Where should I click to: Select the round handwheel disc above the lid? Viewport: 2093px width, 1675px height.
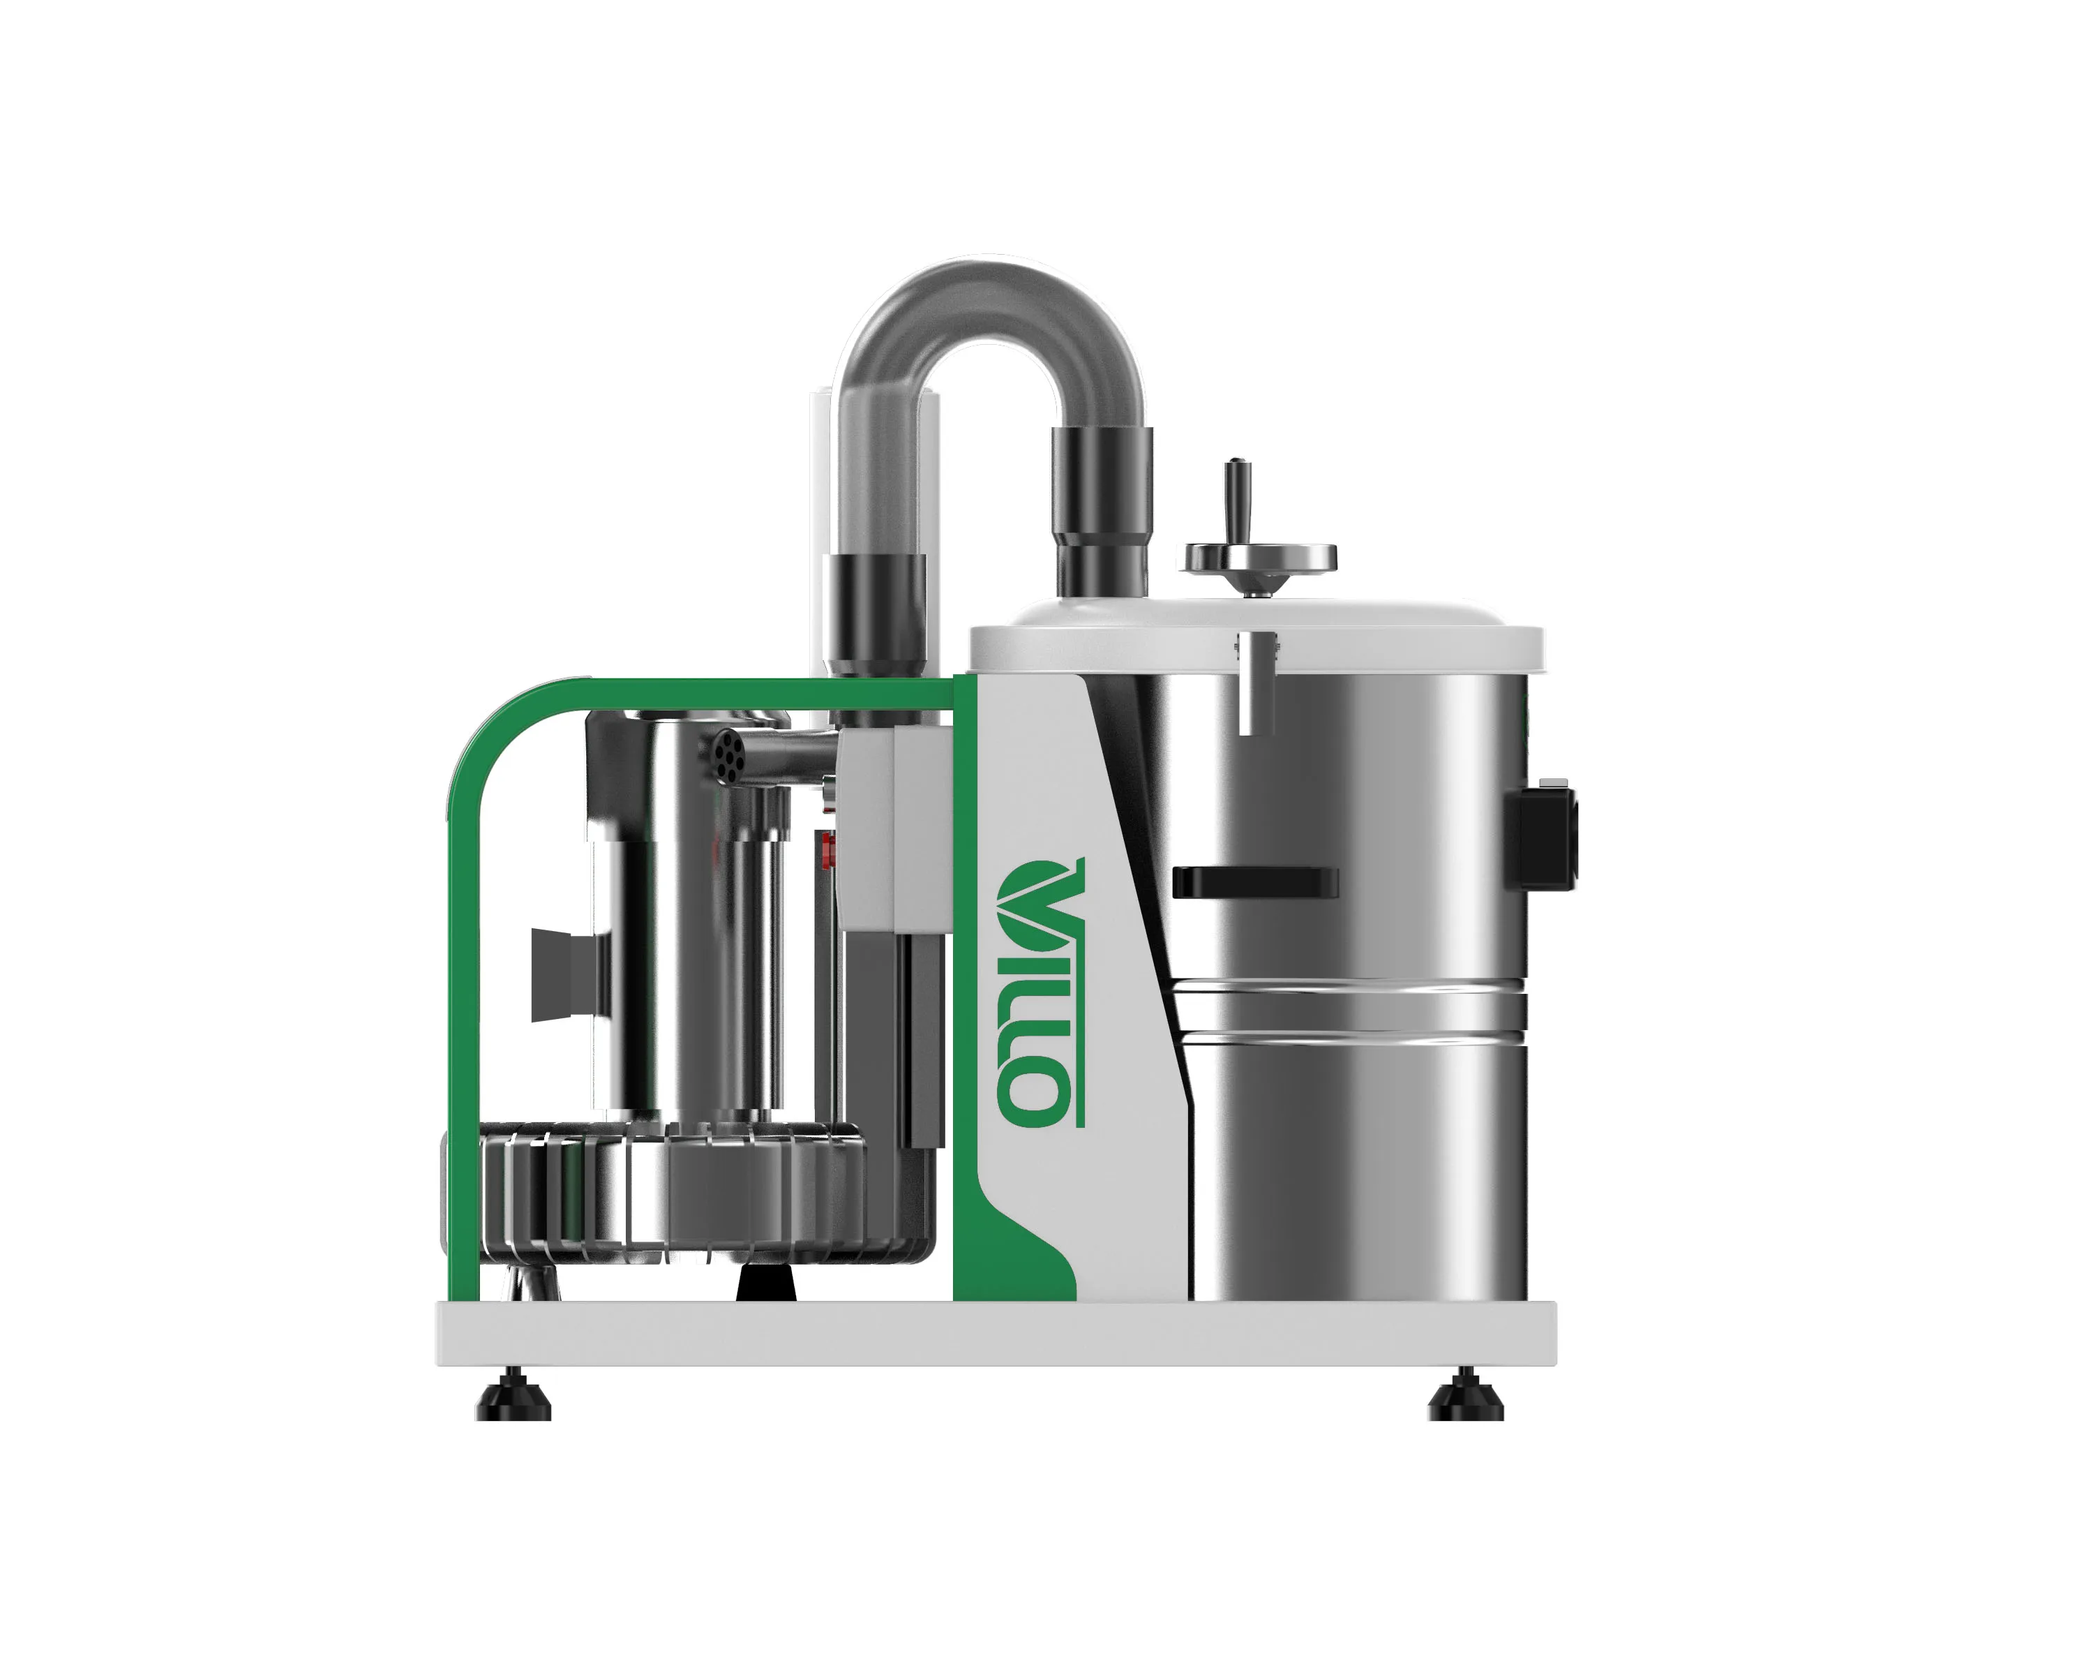point(1257,558)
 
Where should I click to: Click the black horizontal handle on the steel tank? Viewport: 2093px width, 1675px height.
point(1254,881)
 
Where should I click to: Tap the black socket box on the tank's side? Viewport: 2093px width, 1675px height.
point(1540,838)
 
